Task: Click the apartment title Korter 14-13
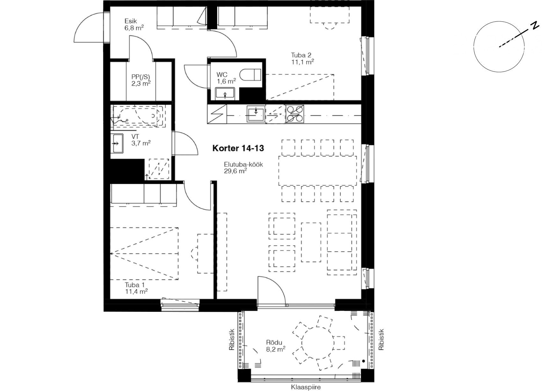(x=238, y=148)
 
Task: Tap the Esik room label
(x=130, y=21)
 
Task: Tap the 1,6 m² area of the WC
(x=226, y=81)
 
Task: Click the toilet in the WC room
(x=250, y=75)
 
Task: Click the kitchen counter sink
(x=256, y=114)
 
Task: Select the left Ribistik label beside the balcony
(x=232, y=340)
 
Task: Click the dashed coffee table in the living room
(x=311, y=242)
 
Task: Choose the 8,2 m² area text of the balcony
(x=276, y=349)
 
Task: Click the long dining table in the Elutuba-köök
(x=318, y=170)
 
